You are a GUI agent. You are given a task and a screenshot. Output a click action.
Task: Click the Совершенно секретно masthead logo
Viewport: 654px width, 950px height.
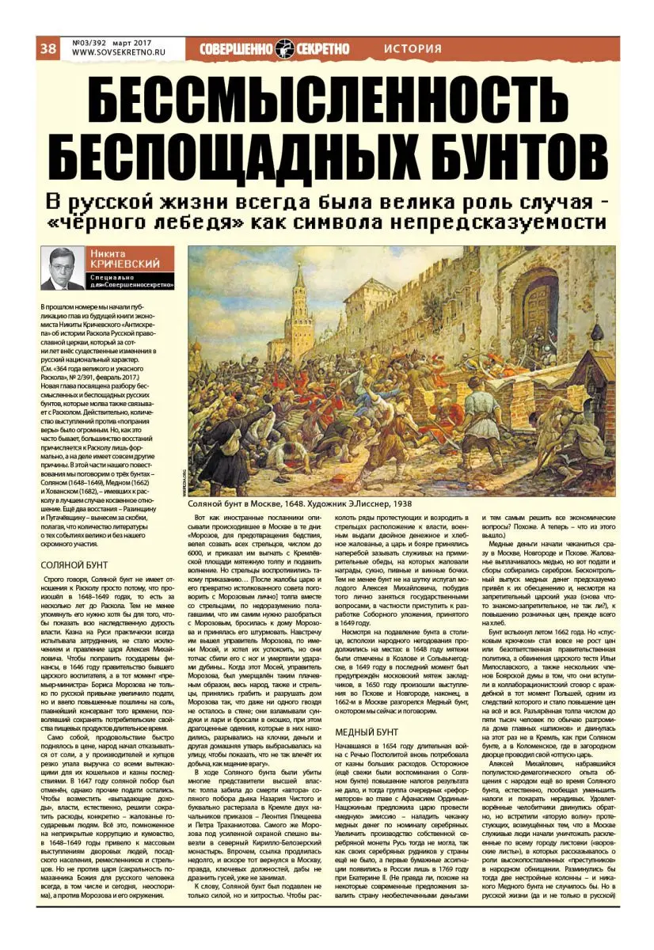tap(274, 49)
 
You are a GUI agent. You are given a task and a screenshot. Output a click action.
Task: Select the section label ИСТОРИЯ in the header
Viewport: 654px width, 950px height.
tap(412, 49)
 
